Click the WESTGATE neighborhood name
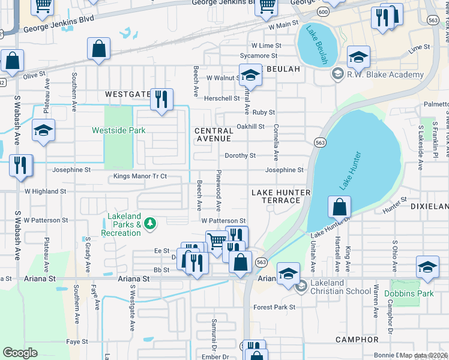127,95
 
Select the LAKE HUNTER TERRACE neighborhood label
281,196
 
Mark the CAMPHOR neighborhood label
357,340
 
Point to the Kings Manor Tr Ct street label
140,177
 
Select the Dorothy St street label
240,155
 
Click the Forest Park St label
274,307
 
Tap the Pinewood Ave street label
219,190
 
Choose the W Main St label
283,26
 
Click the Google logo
20,353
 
